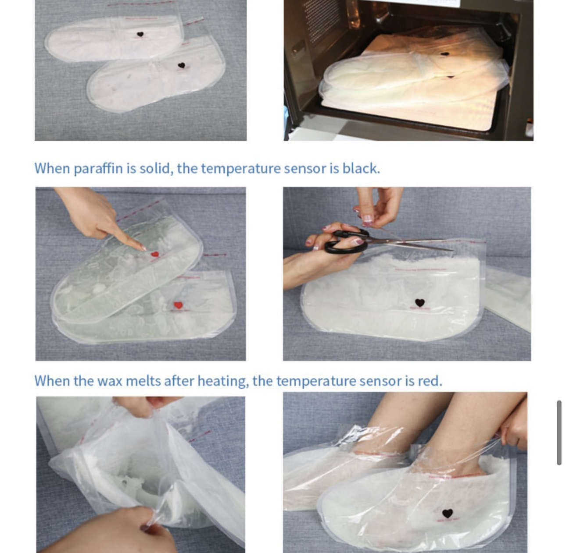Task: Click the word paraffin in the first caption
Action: tap(98, 168)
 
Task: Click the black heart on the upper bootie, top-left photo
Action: tap(140, 34)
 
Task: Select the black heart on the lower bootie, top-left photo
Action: tap(181, 65)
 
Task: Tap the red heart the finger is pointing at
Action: tap(155, 254)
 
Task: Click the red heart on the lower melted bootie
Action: tap(178, 305)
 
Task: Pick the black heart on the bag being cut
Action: tap(420, 303)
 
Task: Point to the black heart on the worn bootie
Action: tap(448, 514)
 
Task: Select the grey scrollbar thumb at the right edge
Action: tap(559, 432)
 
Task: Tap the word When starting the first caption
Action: tap(52, 168)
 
